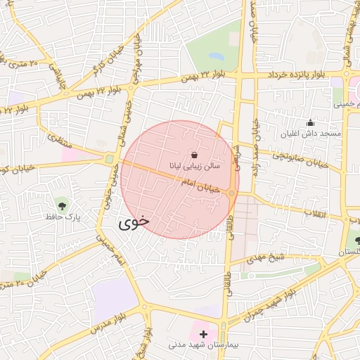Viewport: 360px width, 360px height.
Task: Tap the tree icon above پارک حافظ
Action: pos(63,206)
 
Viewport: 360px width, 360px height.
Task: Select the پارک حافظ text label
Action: pos(64,218)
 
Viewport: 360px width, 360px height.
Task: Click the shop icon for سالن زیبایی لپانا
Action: pos(194,155)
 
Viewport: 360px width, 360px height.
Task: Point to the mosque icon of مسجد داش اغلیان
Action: pos(310,122)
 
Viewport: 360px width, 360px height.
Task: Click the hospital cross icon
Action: pos(203,333)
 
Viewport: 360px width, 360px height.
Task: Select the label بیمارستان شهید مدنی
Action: pos(204,346)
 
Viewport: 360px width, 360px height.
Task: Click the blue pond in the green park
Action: pos(216,56)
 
